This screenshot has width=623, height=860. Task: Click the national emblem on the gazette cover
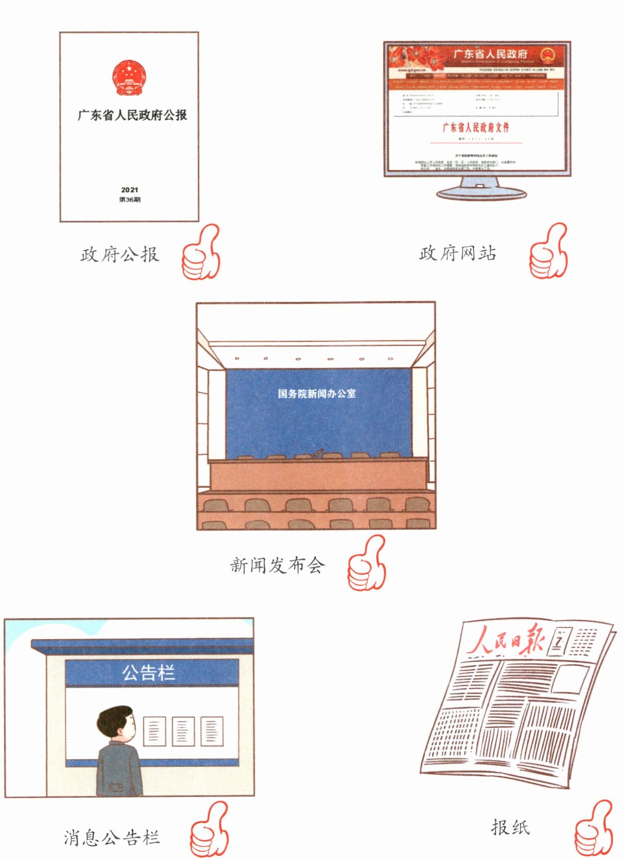(129, 78)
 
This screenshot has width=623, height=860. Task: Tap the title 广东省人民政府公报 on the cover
(132, 115)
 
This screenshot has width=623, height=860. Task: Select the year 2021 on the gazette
(130, 190)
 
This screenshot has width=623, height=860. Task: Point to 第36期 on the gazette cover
(130, 199)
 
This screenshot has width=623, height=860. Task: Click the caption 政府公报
(119, 254)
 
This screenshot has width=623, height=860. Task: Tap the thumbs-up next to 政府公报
(201, 253)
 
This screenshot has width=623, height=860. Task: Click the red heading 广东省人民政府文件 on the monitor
(475, 127)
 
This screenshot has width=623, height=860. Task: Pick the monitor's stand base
(481, 193)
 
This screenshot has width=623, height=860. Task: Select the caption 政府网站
(458, 253)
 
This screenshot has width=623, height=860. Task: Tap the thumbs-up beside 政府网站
(548, 252)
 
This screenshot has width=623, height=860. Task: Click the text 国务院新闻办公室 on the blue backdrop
(317, 394)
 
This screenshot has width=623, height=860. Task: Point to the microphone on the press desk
(318, 453)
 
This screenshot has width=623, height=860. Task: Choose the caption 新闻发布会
(278, 566)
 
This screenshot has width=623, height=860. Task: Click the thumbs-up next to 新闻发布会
(367, 564)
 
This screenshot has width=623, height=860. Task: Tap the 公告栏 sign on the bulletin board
(149, 673)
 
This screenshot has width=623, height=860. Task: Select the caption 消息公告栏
(111, 837)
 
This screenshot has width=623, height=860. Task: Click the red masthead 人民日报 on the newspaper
(506, 641)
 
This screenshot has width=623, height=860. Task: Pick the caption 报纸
(510, 827)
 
